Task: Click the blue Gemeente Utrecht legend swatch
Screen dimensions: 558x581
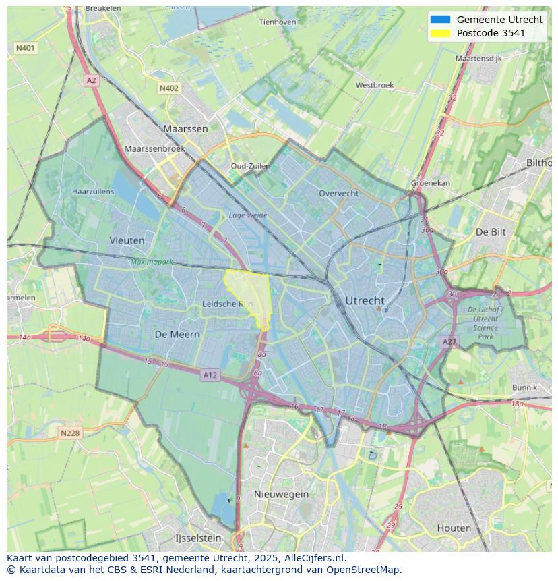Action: click(439, 20)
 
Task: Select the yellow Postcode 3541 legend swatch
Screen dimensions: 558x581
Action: click(439, 33)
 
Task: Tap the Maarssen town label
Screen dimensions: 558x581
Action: click(185, 128)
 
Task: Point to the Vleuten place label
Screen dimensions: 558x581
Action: click(127, 240)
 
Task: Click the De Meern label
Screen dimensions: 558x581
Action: click(177, 334)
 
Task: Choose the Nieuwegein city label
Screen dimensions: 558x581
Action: click(281, 494)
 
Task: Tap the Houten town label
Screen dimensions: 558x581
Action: click(454, 528)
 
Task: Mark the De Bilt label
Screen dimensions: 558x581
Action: click(491, 231)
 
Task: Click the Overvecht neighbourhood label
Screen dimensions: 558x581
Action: click(338, 193)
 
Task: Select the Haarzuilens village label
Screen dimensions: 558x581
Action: click(93, 192)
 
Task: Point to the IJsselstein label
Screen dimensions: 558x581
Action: click(198, 538)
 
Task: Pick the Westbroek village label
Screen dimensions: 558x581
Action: click(374, 86)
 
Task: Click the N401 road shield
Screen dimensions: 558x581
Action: click(26, 48)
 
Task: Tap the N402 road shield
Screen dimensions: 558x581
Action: click(169, 88)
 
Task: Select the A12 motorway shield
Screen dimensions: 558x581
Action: click(210, 375)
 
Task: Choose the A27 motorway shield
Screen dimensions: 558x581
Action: click(449, 342)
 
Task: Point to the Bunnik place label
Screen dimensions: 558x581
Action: click(524, 388)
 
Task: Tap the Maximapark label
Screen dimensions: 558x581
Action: click(152, 261)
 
